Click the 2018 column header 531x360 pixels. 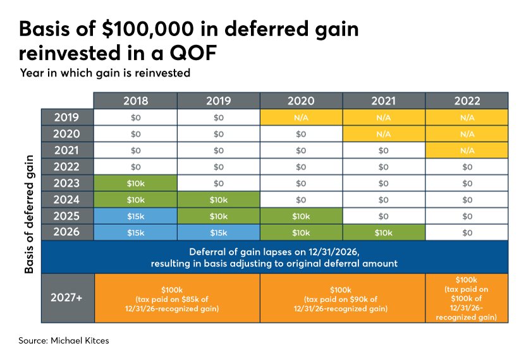tap(135, 100)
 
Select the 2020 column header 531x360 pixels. tap(301, 100)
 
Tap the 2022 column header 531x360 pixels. tap(467, 100)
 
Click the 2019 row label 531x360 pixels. tap(67, 117)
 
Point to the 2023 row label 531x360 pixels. tap(67, 183)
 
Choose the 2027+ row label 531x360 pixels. tap(67, 297)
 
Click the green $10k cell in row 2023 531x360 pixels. tap(135, 183)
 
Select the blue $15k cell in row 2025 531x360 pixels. tap(135, 215)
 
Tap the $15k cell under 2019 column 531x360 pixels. tap(218, 232)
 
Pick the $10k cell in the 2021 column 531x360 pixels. tap(384, 232)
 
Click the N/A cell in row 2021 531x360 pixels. tap(467, 150)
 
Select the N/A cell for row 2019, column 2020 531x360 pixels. tap(301, 117)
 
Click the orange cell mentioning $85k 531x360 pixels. tap(177, 297)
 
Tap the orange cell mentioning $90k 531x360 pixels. tap(343, 297)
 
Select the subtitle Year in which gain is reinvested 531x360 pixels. tap(105, 73)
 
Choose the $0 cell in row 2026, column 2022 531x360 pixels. tap(467, 232)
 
